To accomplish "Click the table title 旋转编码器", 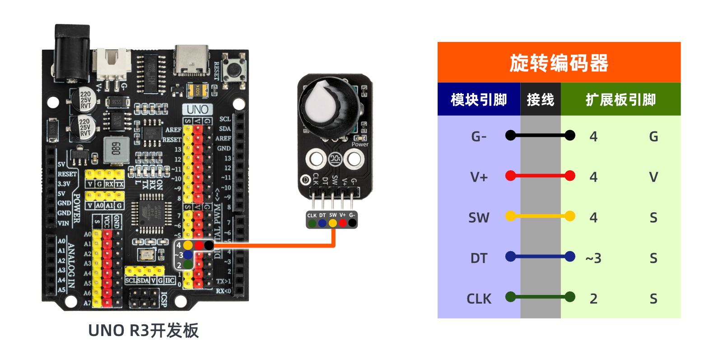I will pyautogui.click(x=559, y=63).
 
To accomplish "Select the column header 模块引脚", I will pyautogui.click(x=479, y=99).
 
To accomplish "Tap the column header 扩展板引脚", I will pyautogui.click(x=620, y=99).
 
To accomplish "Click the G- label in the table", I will pyautogui.click(x=479, y=136).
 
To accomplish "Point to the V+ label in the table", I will pyautogui.click(x=479, y=177).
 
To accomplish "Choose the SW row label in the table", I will pyautogui.click(x=479, y=218).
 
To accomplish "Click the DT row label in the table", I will pyautogui.click(x=479, y=258).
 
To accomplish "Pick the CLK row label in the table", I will pyautogui.click(x=479, y=299).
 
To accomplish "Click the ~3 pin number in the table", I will pyautogui.click(x=593, y=258).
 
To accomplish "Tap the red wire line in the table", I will pyautogui.click(x=540, y=176).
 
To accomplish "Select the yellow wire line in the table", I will pyautogui.click(x=540, y=216).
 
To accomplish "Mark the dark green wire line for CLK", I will pyautogui.click(x=540, y=297).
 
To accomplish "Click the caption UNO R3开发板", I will pyautogui.click(x=143, y=331).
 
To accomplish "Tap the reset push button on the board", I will pyautogui.click(x=234, y=69).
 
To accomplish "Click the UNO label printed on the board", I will pyautogui.click(x=197, y=109).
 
